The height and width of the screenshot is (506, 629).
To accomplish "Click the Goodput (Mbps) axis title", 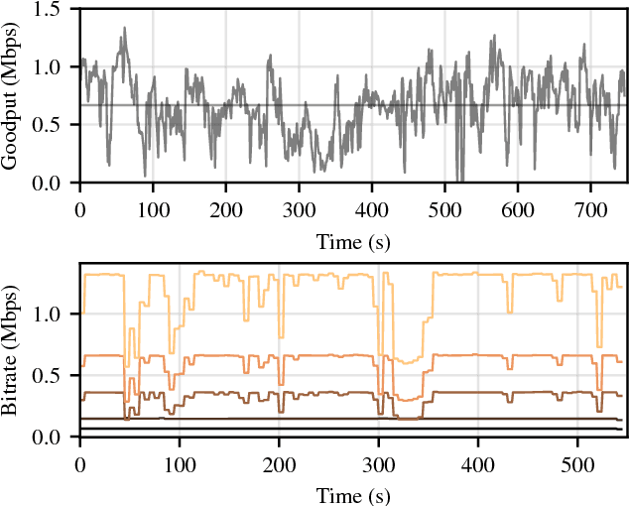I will [11, 96].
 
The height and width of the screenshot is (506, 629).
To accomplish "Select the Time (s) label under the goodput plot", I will [352, 240].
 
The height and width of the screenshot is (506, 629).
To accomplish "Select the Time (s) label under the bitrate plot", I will [352, 494].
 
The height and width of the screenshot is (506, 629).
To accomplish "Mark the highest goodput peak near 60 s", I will [124, 29].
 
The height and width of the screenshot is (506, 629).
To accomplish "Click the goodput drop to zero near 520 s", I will [459, 182].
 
